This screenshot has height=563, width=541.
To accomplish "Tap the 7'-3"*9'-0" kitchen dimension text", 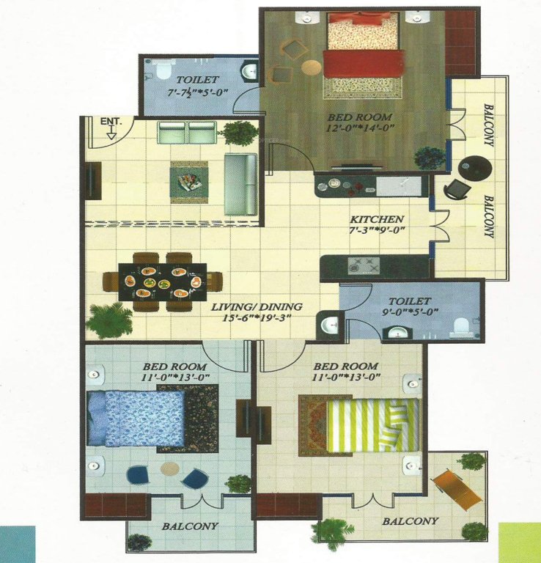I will pyautogui.click(x=377, y=232).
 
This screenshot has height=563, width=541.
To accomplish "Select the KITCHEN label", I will pyautogui.click(x=377, y=219).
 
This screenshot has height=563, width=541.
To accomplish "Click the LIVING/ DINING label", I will pyautogui.click(x=254, y=307).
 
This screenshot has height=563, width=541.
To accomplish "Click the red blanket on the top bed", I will pyautogui.click(x=364, y=62).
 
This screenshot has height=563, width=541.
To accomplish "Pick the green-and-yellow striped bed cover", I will pyautogui.click(x=372, y=426).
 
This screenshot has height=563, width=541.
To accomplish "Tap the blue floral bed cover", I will pyautogui.click(x=135, y=418).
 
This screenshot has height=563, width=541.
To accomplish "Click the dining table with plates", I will pyautogui.click(x=163, y=279).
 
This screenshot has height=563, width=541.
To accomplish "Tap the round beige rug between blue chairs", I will pyautogui.click(x=170, y=468).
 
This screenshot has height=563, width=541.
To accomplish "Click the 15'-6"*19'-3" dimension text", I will pyautogui.click(x=254, y=320).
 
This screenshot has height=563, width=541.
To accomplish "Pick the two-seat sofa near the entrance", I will pyautogui.click(x=188, y=133).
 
